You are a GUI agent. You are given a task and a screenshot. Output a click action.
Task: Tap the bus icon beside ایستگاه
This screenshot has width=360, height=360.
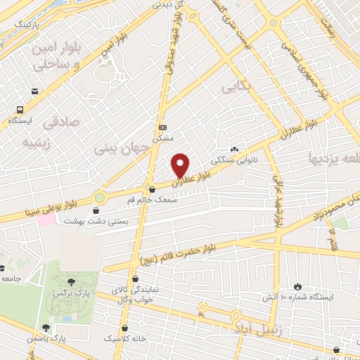coord(20,110)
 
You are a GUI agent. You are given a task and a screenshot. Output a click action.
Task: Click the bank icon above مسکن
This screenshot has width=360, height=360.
coord(163,127)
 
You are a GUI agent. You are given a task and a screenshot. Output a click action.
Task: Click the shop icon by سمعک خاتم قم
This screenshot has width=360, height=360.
coord(153,189)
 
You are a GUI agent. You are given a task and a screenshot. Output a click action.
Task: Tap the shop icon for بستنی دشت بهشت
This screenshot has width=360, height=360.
coord(96,210)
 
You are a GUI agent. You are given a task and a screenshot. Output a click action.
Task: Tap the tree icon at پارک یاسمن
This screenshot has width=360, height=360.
coord(46,327)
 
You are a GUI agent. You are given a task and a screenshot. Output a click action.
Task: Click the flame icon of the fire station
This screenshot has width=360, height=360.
coord(297,286)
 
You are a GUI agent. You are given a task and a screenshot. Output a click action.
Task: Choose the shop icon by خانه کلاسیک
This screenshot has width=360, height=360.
coord(125,327)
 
